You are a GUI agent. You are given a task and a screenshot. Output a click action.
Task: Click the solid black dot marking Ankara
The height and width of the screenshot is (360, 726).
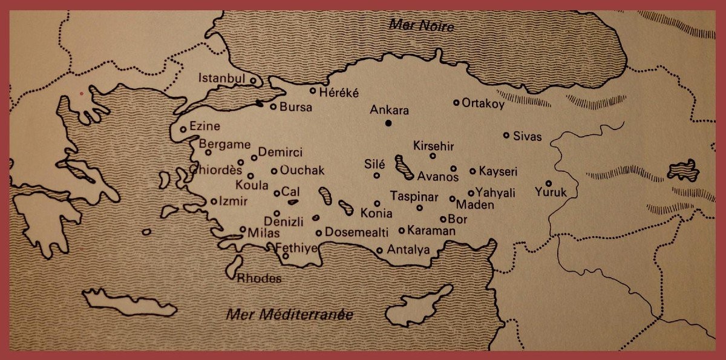388,123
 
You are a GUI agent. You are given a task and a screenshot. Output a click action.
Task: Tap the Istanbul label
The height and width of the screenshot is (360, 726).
221,79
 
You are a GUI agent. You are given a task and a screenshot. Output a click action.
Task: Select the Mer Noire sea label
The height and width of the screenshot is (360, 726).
422,25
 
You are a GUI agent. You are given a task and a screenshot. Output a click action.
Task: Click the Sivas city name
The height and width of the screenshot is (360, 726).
528,136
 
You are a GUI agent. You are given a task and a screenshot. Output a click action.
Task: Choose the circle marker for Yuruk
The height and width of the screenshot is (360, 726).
549,183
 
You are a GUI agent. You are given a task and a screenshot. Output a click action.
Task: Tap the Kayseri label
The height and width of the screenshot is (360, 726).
498,172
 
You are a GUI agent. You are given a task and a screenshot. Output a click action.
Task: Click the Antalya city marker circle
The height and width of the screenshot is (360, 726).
379,250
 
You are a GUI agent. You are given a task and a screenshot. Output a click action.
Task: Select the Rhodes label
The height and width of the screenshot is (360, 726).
259,279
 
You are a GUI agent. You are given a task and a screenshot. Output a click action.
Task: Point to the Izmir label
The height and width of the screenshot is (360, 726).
233,201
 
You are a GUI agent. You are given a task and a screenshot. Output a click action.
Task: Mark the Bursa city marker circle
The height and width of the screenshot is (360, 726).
273,106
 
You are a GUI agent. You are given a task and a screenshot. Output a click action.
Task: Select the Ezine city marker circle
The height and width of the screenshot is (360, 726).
183,129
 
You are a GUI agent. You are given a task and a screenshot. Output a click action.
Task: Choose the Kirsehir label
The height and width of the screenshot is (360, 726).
433,146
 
